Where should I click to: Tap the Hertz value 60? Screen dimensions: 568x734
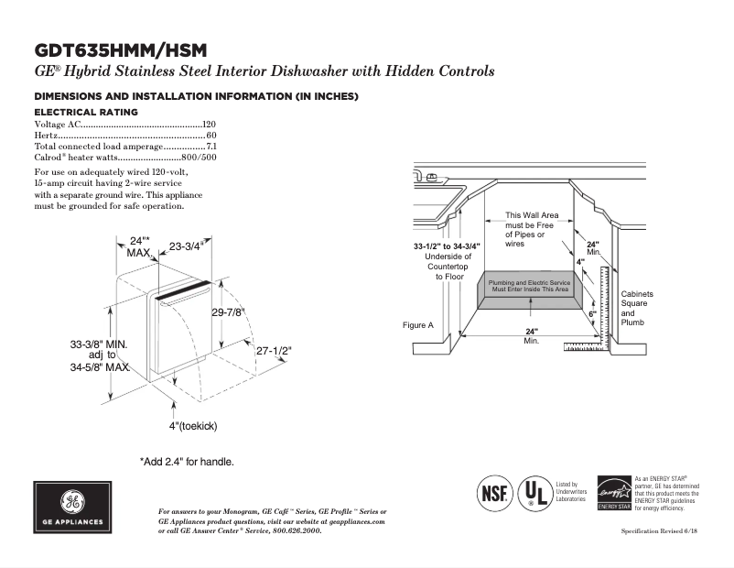[x=211, y=135]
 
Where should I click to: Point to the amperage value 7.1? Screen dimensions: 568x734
[x=210, y=146]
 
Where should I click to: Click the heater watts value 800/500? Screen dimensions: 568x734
[x=200, y=157]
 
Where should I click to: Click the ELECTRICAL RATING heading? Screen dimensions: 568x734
[x=86, y=112]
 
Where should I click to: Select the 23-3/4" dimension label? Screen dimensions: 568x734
[x=186, y=246]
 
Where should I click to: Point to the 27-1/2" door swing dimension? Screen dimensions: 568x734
[x=274, y=351]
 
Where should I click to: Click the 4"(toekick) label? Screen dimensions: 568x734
[x=192, y=426]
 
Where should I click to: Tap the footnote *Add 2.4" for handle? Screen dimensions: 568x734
[x=187, y=461]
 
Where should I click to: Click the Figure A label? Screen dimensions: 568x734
[x=417, y=325]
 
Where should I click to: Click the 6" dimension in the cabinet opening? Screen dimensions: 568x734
[x=592, y=314]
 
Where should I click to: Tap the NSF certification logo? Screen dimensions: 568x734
[x=492, y=492]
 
